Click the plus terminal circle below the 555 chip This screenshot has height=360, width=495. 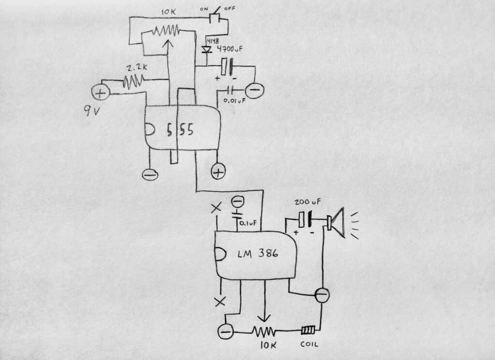(x=218, y=171)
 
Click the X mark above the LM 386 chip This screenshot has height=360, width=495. (x=216, y=207)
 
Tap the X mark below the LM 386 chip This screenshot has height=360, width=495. (x=220, y=302)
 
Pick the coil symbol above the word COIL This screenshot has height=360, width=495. (x=308, y=331)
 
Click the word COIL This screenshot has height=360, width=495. (x=308, y=345)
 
